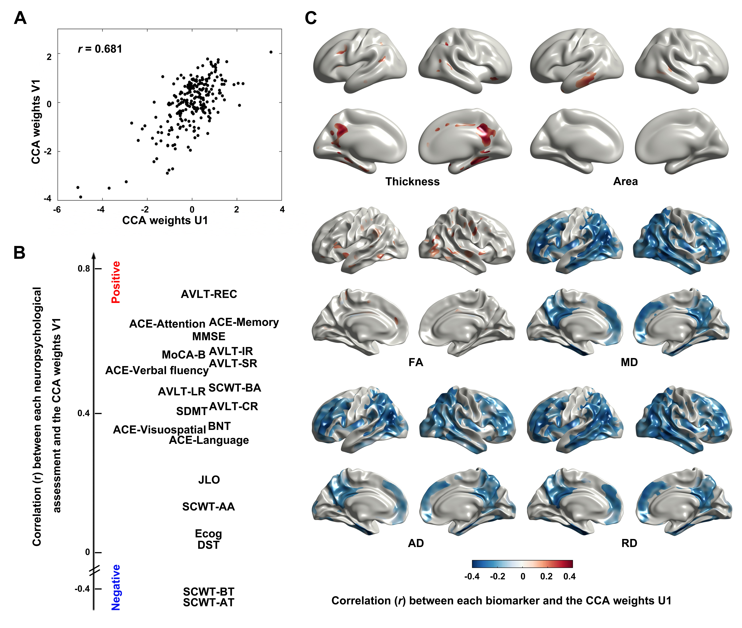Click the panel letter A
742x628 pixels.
[x=20, y=18]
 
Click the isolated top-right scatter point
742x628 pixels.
[x=271, y=52]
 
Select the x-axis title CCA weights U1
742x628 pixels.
[x=165, y=220]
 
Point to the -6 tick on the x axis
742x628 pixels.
[x=57, y=210]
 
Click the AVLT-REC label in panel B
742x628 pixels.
[x=209, y=294]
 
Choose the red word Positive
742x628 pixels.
[x=116, y=282]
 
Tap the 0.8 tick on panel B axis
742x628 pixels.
[x=84, y=268]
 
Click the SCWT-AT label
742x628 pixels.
[x=209, y=602]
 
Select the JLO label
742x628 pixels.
[x=209, y=480]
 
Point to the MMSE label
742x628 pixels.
[x=209, y=336]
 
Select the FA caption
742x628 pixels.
[x=416, y=362]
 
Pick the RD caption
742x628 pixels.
[x=629, y=543]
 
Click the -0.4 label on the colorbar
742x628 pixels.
[x=472, y=576]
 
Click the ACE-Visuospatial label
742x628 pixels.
[x=160, y=430]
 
